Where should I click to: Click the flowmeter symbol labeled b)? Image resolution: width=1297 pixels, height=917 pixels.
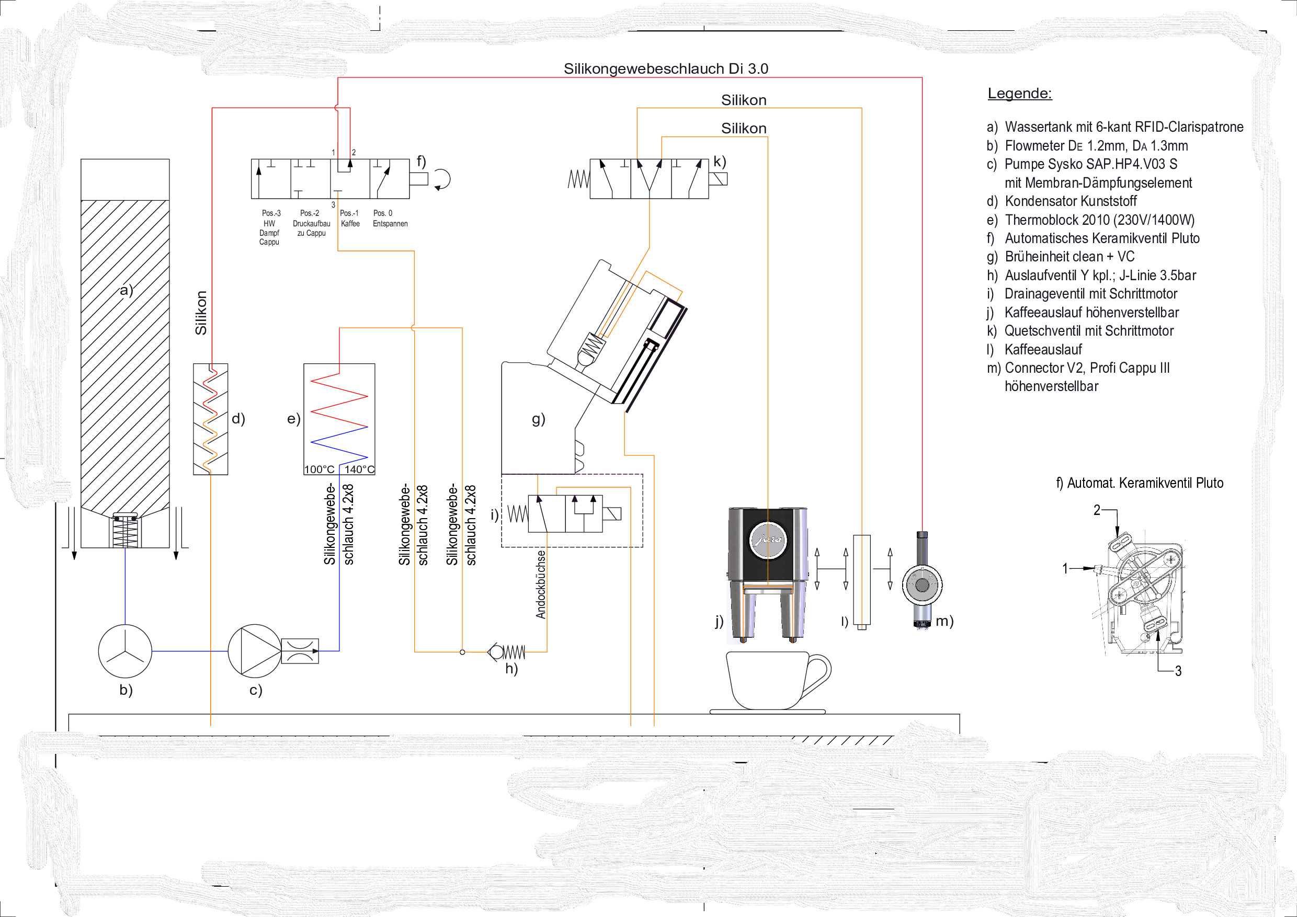pos(125,650)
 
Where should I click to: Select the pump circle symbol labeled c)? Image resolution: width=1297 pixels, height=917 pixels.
pos(254,650)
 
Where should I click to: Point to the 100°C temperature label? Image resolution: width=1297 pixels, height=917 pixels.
pos(319,469)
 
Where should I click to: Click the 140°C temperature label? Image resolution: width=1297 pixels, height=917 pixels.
pos(359,469)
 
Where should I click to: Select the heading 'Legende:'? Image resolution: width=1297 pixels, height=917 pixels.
pos(1020,93)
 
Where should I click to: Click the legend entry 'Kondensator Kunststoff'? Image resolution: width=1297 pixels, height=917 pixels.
pos(1071,201)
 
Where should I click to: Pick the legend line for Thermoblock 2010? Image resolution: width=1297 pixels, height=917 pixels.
pos(1091,220)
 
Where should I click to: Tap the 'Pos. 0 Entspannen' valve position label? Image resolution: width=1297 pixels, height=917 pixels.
pos(390,219)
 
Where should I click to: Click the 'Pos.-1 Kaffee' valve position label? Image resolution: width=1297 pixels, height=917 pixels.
pos(350,219)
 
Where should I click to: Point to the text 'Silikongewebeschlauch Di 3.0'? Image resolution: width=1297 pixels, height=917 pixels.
pos(666,68)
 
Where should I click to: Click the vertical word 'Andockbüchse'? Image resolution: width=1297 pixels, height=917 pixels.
pos(541,584)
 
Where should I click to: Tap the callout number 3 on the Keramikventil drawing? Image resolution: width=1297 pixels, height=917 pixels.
pos(1178,671)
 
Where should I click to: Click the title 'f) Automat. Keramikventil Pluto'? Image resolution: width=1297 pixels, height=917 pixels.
pos(1140,483)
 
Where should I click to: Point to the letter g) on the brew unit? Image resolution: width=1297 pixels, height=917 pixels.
pos(538,419)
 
